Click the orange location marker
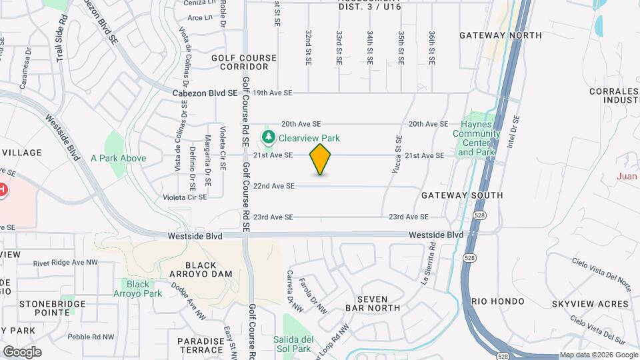click(x=320, y=159)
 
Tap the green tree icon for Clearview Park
click(x=268, y=138)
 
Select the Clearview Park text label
click(x=309, y=138)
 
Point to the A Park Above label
click(x=118, y=158)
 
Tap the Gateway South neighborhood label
click(x=461, y=195)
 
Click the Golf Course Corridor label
click(x=244, y=62)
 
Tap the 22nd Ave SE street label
click(x=273, y=186)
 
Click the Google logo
click(x=22, y=352)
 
